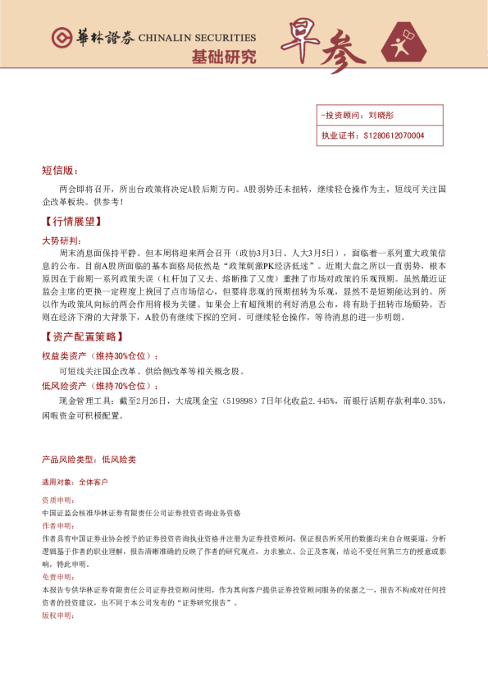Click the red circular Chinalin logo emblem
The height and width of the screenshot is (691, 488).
[61, 38]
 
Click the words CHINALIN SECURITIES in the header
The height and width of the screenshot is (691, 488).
[198, 38]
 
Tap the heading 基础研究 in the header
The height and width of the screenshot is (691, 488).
[223, 57]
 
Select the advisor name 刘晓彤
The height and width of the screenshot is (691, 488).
[381, 116]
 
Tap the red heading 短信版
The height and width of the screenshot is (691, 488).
[59, 171]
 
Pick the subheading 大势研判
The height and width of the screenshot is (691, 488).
[61, 240]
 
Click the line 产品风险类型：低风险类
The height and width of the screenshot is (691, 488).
[89, 459]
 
